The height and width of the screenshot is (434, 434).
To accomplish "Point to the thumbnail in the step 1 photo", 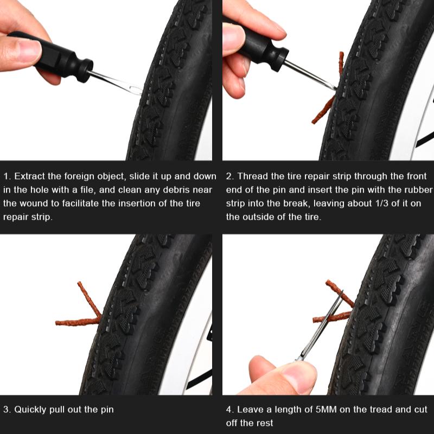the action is pyautogui.click(x=28, y=50).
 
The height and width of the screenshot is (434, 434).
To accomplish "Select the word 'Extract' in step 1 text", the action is pyautogui.click(x=29, y=176).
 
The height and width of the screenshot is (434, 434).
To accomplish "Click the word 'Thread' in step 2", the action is pyautogui.click(x=251, y=176).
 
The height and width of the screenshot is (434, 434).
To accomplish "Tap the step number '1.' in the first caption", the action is pyautogui.click(x=7, y=176).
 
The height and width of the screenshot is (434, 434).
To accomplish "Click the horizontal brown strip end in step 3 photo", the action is pyautogui.click(x=57, y=323).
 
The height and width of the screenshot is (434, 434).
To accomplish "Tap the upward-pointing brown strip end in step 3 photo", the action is pyautogui.click(x=79, y=283).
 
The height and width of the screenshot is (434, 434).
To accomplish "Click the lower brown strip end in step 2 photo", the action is pyautogui.click(x=314, y=121).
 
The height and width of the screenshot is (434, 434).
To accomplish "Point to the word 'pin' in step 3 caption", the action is pyautogui.click(x=107, y=410).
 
